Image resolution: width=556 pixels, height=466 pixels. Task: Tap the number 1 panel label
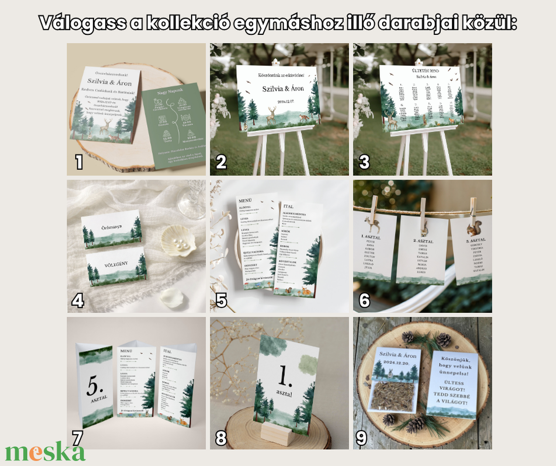pos(79,162)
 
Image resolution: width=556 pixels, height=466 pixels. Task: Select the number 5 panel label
pos(221,300)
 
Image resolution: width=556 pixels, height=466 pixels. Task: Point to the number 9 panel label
pos(361,438)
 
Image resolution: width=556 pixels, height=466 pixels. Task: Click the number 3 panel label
pos(364,162)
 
